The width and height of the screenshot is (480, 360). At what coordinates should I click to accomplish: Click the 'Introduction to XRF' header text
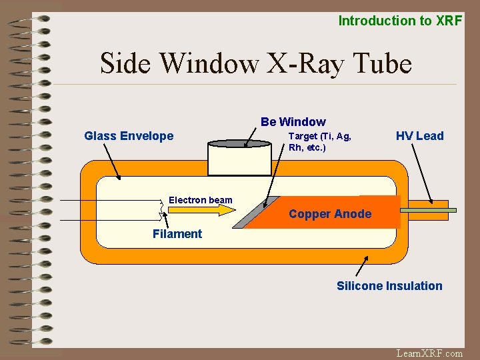click(x=400, y=21)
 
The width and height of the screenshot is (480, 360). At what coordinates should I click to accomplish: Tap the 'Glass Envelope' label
click(x=129, y=136)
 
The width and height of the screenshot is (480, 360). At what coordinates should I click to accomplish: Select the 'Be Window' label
click(x=293, y=121)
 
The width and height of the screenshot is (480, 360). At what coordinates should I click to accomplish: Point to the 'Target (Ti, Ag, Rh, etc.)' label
click(x=319, y=141)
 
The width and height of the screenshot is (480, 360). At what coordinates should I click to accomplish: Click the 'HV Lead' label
click(x=419, y=136)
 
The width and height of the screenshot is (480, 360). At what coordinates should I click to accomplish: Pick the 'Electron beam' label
click(x=201, y=200)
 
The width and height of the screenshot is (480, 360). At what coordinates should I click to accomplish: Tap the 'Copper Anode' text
click(x=330, y=215)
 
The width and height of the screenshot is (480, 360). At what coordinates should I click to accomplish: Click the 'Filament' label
click(x=177, y=234)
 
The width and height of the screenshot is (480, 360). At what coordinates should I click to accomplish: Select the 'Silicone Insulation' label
click(x=389, y=286)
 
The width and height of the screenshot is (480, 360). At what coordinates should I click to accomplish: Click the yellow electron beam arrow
click(x=199, y=210)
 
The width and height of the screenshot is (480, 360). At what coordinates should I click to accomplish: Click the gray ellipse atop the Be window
click(x=230, y=143)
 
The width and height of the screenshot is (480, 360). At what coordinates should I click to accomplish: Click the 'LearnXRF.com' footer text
click(x=429, y=353)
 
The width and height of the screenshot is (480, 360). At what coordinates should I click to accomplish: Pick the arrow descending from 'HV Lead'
click(x=422, y=173)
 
